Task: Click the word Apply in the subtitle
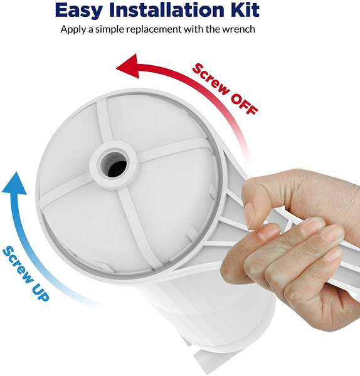pyautogui.click(x=73, y=29)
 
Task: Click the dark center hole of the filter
pyautogui.click(x=115, y=164)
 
